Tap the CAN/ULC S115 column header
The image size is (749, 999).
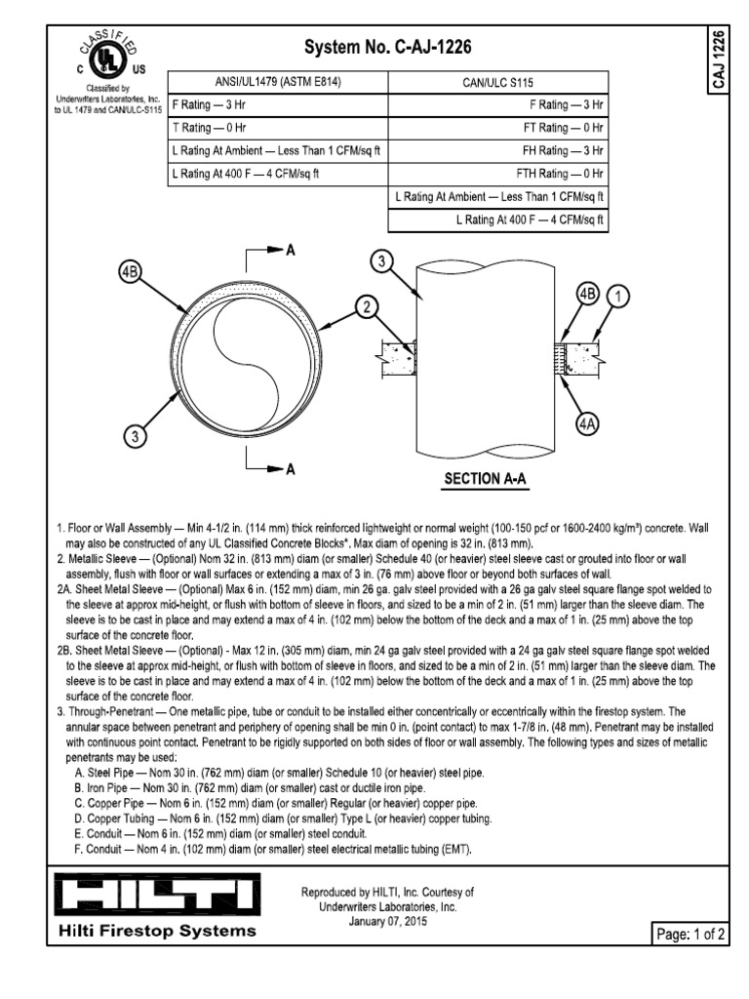497,82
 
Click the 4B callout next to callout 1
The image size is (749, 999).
587,295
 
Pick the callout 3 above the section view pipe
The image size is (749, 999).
383,260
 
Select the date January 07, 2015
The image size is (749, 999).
388,922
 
